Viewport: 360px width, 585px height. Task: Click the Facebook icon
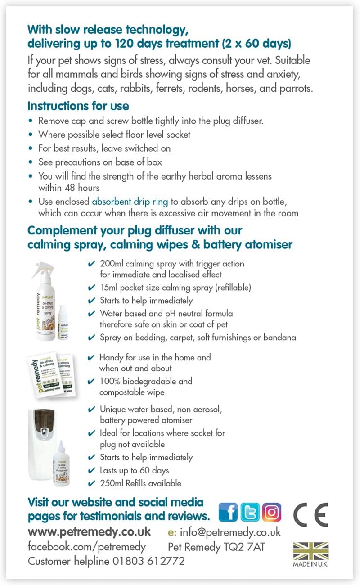pyautogui.click(x=228, y=512)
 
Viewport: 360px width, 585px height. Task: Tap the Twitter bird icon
pyautogui.click(x=250, y=512)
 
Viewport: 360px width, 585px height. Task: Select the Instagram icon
pyautogui.click(x=271, y=512)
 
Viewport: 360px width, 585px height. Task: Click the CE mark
pyautogui.click(x=310, y=514)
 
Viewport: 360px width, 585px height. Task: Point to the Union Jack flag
pyautogui.click(x=311, y=551)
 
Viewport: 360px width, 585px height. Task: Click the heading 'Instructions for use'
pyautogui.click(x=78, y=106)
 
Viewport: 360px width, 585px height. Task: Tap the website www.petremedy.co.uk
pyautogui.click(x=89, y=531)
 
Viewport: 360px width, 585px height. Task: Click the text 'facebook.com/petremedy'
pyautogui.click(x=87, y=547)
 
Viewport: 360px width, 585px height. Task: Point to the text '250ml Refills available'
pyautogui.click(x=140, y=483)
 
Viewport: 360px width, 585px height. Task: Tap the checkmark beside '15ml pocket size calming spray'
pyautogui.click(x=91, y=288)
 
